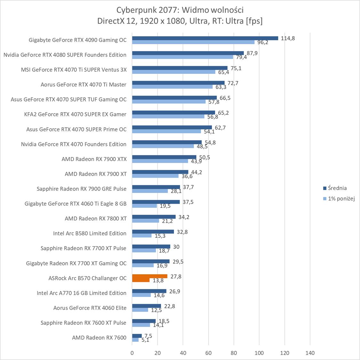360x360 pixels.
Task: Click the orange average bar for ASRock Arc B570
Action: click(150, 276)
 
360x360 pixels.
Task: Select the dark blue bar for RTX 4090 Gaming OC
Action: click(205, 38)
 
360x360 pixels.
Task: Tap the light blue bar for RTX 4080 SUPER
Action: click(182, 57)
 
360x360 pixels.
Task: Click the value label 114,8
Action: click(288, 38)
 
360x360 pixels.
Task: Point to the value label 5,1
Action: click(145, 340)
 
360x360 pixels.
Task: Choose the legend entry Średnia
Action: click(337, 188)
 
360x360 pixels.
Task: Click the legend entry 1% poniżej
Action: click(341, 199)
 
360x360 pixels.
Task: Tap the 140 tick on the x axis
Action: click(310, 353)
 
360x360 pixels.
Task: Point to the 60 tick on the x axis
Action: click(208, 353)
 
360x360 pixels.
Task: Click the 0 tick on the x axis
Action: click(132, 353)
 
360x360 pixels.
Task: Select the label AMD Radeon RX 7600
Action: click(99, 338)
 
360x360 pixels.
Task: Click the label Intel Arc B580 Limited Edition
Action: click(90, 233)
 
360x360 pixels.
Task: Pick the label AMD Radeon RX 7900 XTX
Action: click(94, 159)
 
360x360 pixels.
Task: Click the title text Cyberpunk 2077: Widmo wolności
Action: click(180, 10)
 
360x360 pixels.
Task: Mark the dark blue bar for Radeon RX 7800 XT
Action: click(154, 217)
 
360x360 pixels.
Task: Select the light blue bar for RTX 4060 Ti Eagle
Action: click(145, 206)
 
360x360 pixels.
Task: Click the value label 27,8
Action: click(176, 276)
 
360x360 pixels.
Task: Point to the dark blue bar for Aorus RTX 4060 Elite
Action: click(147, 306)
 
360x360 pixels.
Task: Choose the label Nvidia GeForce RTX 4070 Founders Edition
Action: click(74, 144)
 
